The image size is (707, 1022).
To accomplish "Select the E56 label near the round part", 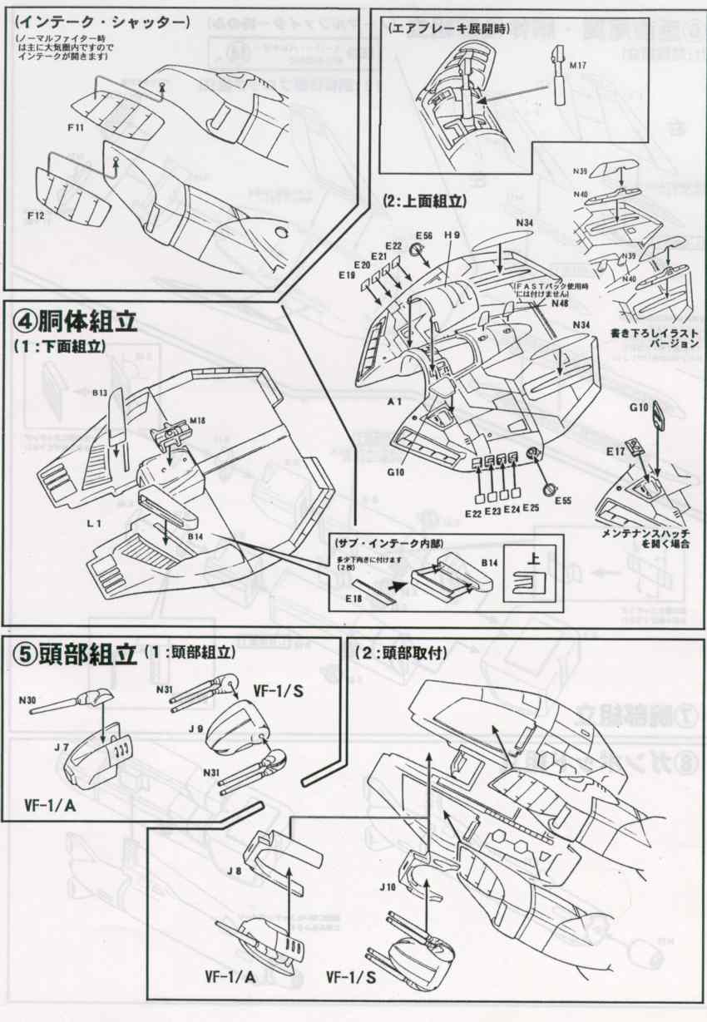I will point(424,236).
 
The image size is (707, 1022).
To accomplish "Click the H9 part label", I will point(452,236).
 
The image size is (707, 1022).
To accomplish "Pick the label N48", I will point(559,303).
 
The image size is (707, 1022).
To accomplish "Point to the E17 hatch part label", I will point(616,452).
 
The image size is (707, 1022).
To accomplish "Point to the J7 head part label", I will point(61,747).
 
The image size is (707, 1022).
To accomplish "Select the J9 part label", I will point(195,728).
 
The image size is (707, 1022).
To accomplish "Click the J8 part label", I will point(234,871).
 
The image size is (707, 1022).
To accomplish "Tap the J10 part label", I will point(387,887).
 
